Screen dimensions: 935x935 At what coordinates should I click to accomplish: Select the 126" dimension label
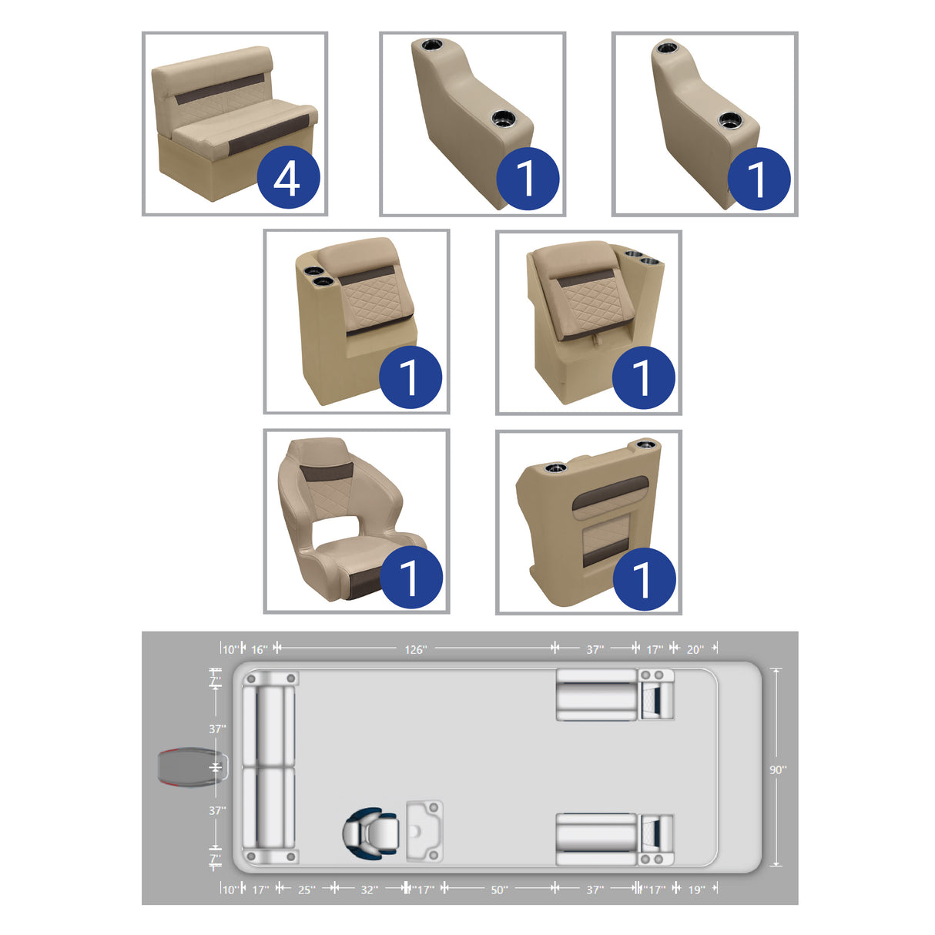point(415,649)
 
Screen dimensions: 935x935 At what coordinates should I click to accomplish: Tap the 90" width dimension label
point(778,769)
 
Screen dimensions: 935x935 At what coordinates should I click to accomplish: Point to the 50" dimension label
point(499,890)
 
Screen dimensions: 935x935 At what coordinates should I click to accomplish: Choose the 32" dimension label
point(369,890)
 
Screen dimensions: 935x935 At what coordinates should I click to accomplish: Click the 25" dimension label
point(307,890)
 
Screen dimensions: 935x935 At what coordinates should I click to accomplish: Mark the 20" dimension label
point(695,649)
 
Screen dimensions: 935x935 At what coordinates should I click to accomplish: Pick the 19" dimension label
point(696,890)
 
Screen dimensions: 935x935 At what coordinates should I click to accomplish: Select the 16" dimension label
point(260,649)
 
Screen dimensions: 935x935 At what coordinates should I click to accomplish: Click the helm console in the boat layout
point(424,831)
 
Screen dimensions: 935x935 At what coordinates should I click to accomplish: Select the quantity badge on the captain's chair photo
point(411,577)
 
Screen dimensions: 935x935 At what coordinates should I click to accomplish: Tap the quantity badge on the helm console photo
point(644,578)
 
